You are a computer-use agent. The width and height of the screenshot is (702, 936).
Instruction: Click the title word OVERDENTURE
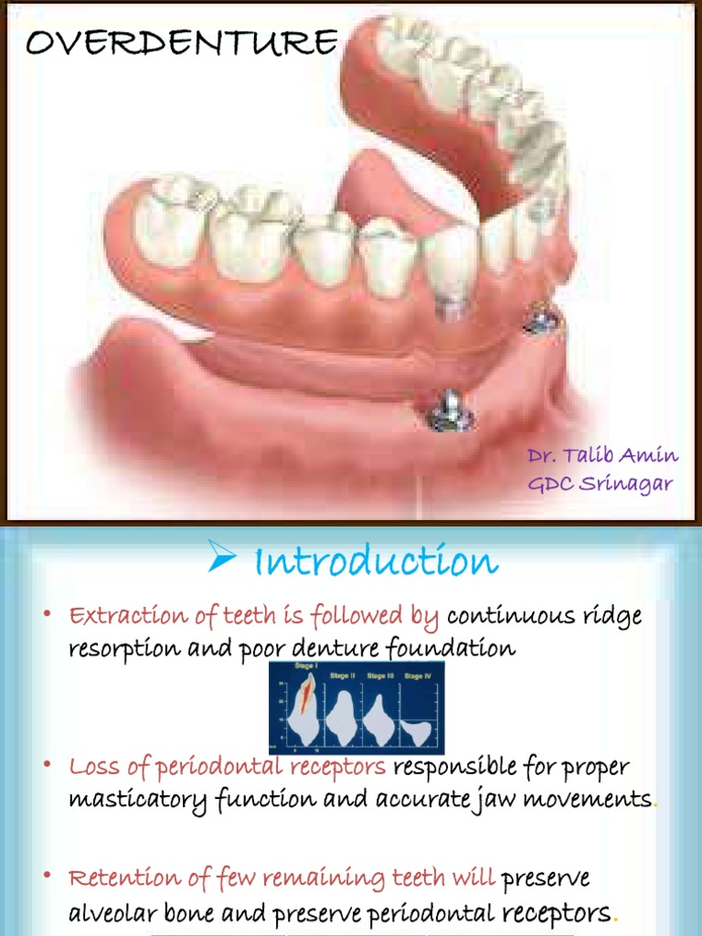click(x=181, y=42)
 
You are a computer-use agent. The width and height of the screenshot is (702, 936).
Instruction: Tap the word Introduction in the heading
click(x=376, y=561)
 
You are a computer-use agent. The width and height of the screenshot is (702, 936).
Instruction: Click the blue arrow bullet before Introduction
click(x=221, y=557)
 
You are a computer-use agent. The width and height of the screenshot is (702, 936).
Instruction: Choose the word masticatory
click(x=137, y=798)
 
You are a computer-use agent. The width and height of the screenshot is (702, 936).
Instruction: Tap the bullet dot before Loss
click(x=47, y=765)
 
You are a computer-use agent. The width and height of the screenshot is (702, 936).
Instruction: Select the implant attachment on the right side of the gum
click(x=542, y=319)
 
